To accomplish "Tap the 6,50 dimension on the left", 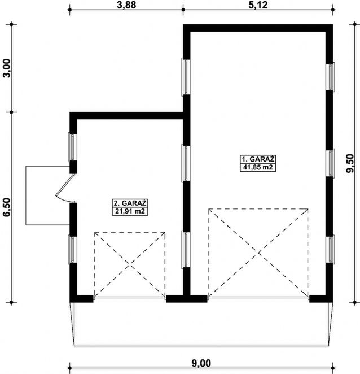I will (7, 207).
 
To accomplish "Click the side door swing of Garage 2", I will (64, 189).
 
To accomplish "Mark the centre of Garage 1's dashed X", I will (258, 251).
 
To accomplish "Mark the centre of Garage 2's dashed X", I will (130, 263).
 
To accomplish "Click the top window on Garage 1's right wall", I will (331, 76).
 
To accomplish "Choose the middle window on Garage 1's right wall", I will (331, 163).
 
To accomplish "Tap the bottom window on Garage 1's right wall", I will (331, 249).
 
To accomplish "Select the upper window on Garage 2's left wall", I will (72, 146).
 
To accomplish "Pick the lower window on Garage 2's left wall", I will (72, 249).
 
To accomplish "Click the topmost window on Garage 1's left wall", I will (185, 76).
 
